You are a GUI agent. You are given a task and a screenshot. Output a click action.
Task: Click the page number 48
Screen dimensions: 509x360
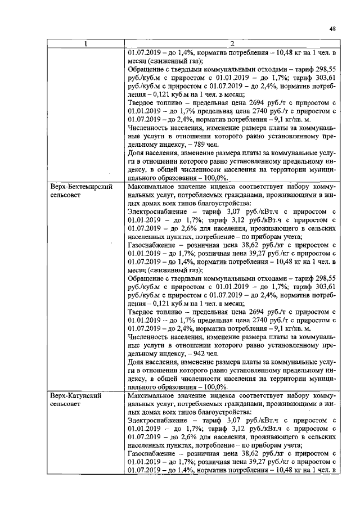pos(333,29)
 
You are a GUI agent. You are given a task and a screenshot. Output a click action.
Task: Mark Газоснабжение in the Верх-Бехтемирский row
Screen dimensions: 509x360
pos(151,255)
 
